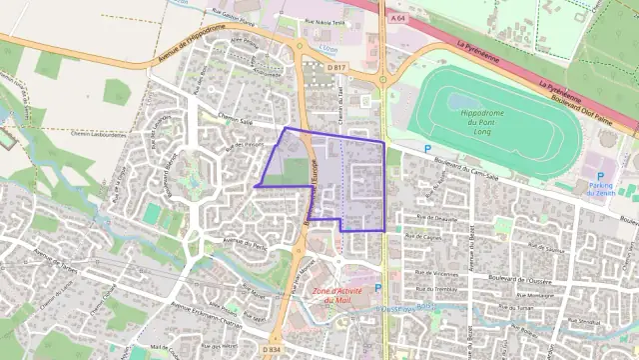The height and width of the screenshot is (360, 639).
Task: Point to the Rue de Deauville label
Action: [x=436, y=217]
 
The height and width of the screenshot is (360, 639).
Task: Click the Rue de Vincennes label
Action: [x=436, y=273]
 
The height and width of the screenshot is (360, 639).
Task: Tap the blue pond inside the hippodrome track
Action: [x=461, y=101]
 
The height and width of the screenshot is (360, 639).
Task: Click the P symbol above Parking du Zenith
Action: [x=601, y=174]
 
